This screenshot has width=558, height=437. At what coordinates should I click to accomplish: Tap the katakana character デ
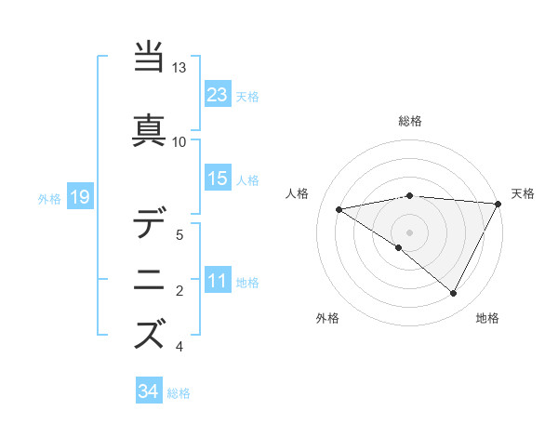click(x=151, y=223)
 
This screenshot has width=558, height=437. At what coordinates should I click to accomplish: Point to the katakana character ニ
click(x=151, y=279)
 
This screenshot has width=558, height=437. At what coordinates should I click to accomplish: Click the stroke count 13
click(x=179, y=69)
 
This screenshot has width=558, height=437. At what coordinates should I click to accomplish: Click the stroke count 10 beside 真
click(x=179, y=142)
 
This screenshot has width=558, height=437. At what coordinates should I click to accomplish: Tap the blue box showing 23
click(x=218, y=95)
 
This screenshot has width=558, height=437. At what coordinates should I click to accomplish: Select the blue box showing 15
click(x=218, y=179)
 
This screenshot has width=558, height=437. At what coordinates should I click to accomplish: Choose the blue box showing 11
click(x=218, y=281)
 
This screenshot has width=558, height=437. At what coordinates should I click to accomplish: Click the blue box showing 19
click(x=79, y=196)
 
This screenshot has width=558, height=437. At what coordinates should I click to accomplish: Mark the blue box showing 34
click(x=149, y=391)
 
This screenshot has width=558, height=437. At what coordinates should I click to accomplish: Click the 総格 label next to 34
click(x=179, y=393)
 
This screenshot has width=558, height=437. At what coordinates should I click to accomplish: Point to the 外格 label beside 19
click(x=49, y=198)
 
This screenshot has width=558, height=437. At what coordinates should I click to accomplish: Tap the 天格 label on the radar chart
click(x=523, y=193)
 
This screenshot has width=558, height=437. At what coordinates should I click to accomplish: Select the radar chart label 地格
click(x=487, y=318)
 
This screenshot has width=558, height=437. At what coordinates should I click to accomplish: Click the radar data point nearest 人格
click(x=339, y=209)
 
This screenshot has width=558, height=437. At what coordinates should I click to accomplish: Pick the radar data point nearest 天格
click(x=498, y=204)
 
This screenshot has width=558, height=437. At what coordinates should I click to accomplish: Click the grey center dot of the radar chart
click(x=410, y=232)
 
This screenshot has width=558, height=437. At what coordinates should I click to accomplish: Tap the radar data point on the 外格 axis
click(x=399, y=247)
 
